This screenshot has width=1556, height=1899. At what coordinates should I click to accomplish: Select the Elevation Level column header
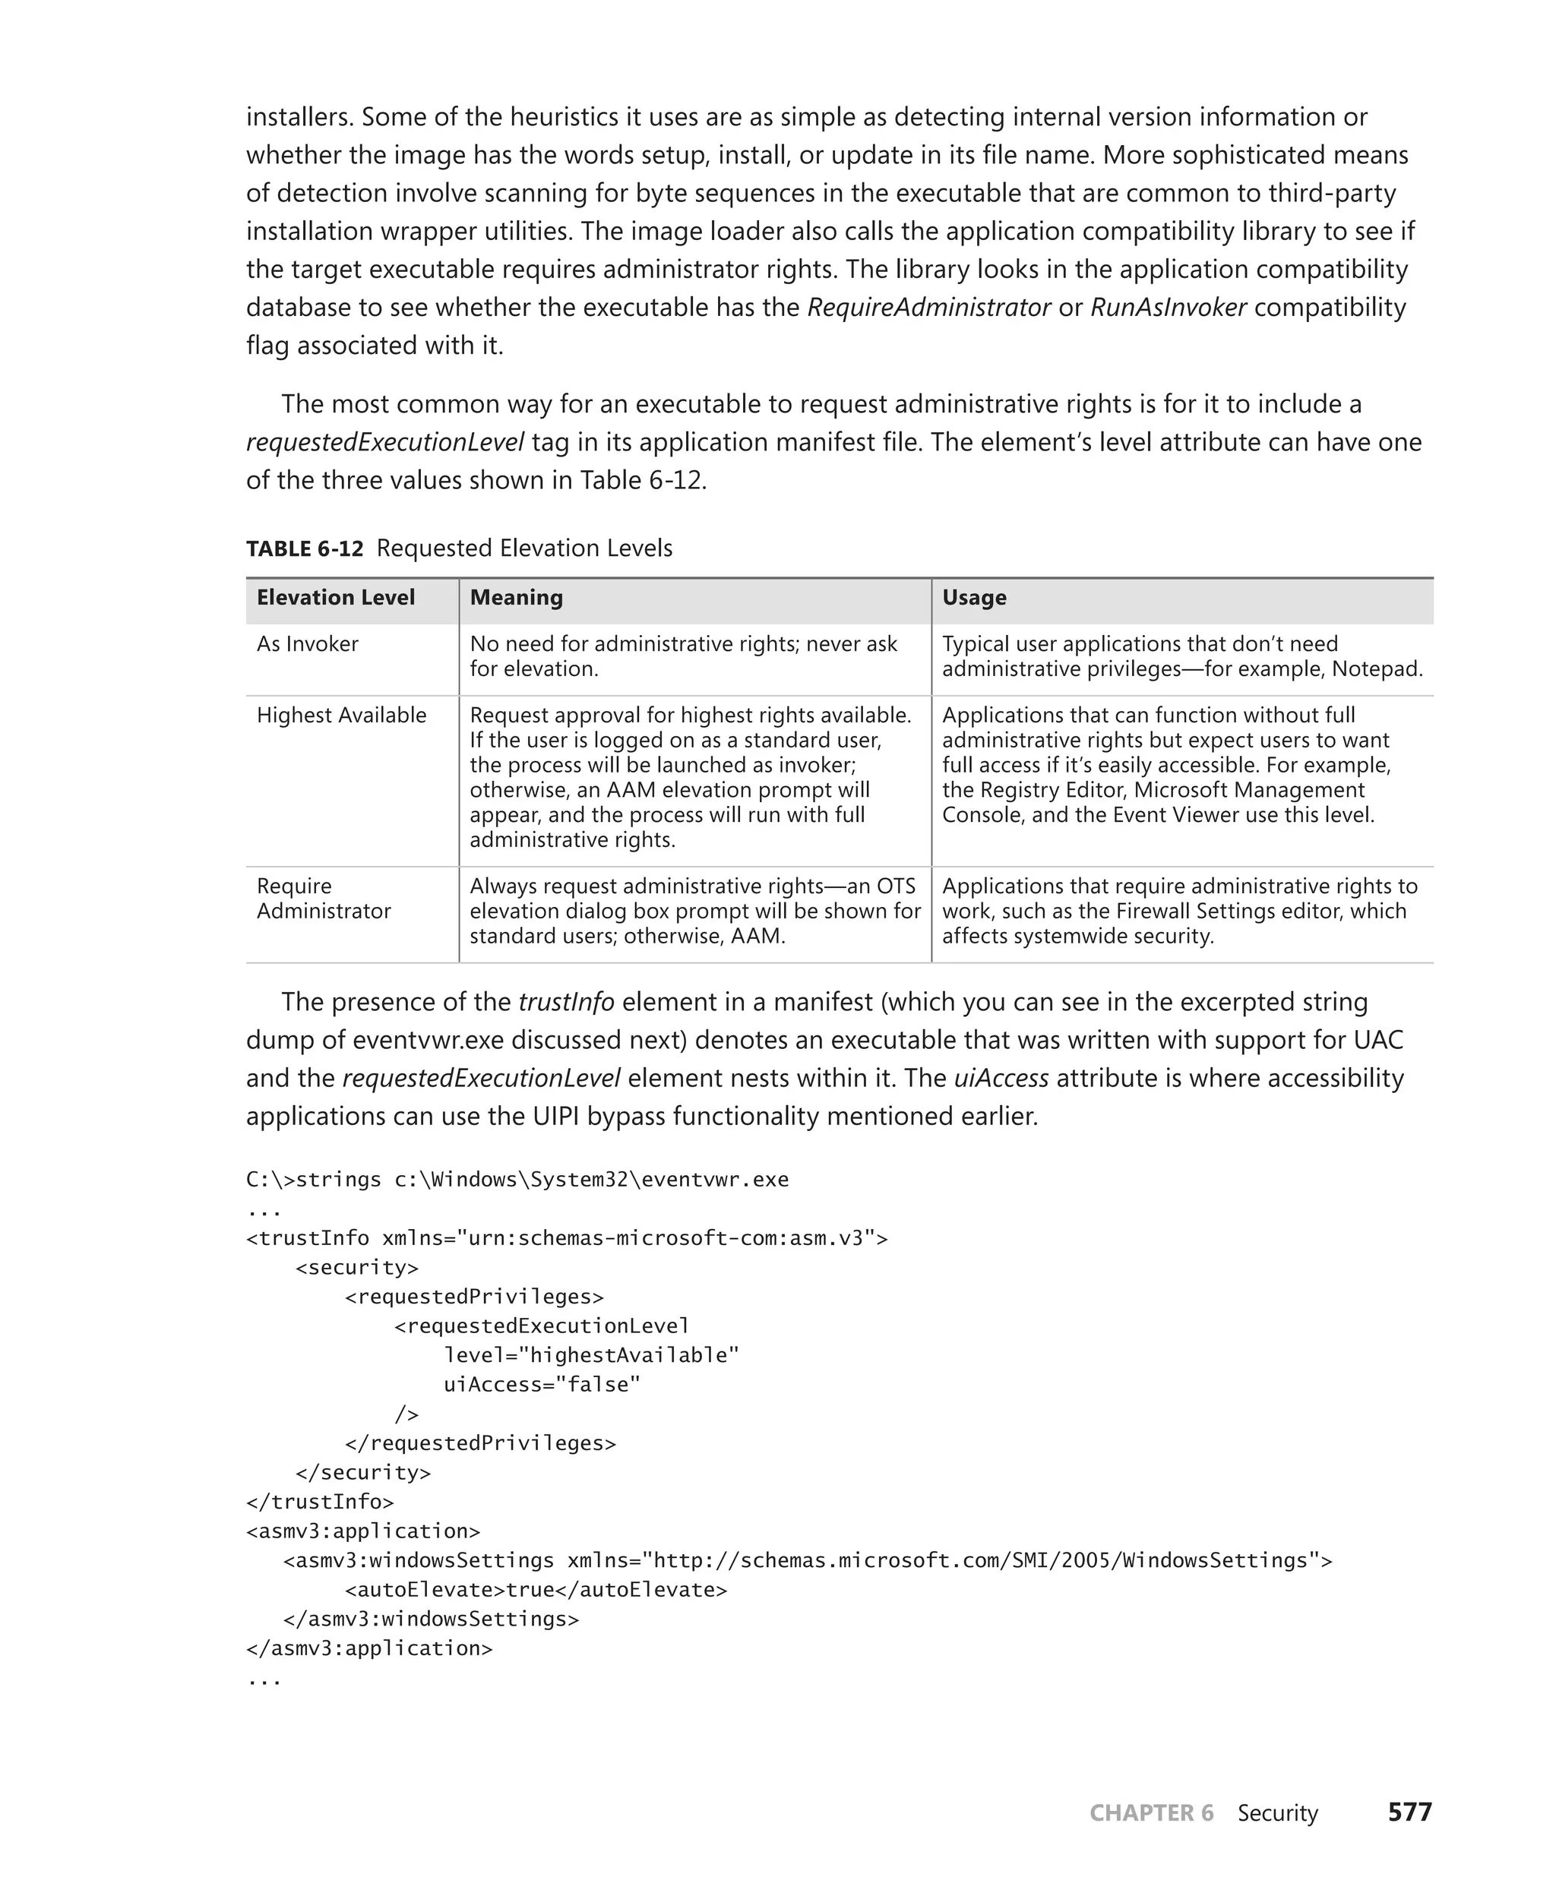pos(335,598)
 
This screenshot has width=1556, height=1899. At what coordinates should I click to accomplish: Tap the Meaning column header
pos(517,598)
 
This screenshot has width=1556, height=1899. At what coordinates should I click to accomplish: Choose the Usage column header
pos(973,598)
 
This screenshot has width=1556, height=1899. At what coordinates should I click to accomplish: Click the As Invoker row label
pos(308,644)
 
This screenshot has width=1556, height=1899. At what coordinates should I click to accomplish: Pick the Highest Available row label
pos(341,715)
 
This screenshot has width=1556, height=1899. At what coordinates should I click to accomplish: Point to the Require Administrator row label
pos(324,899)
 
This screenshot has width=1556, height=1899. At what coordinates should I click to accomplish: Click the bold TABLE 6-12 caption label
pos(305,548)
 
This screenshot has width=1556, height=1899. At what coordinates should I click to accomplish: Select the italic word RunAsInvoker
pos(1168,308)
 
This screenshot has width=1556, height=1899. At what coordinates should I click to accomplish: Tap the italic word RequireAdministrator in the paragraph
pos(928,308)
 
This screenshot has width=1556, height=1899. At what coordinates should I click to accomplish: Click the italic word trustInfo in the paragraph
pos(567,1002)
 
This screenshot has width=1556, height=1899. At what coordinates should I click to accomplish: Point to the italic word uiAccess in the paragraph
pos(1001,1078)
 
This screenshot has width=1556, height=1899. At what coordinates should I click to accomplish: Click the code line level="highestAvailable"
pos(590,1355)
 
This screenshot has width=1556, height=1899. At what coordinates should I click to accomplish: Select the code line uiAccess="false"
pos(542,1385)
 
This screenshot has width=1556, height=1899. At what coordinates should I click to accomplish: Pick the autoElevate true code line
pos(535,1590)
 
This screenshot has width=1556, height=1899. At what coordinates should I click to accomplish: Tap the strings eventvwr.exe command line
pos(517,1180)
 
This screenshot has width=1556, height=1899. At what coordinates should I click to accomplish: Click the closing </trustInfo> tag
pos(320,1502)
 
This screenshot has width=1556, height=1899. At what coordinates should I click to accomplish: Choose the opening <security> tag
pos(357,1267)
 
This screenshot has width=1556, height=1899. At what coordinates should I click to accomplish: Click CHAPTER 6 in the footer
pos(1151,1812)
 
